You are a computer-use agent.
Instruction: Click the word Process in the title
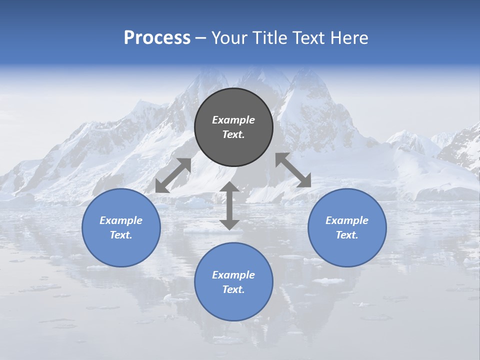(157, 38)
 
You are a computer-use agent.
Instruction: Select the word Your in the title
(230, 38)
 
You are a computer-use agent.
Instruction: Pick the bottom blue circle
(233, 305)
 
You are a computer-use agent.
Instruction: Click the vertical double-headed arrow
(229, 206)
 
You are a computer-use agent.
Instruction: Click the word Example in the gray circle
(233, 120)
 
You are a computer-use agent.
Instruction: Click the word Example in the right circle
(347, 220)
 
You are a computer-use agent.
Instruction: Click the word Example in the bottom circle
(233, 275)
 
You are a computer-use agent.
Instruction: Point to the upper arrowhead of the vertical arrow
(229, 187)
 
